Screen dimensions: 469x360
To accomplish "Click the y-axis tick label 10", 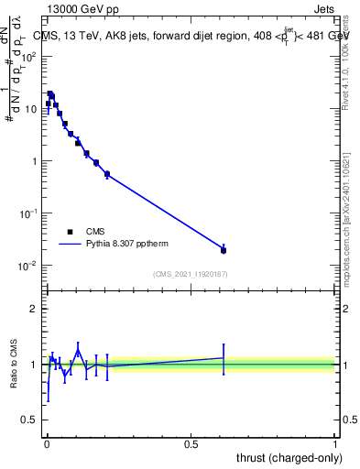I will pos(30,109).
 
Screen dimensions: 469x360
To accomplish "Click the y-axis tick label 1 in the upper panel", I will pos(36,161).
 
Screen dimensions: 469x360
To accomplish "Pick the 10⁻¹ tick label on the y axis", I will pos(28,213).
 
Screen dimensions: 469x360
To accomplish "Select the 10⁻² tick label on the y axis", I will pos(28,266).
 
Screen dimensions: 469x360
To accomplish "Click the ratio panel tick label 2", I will pos(35,309).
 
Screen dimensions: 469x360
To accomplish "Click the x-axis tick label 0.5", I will pos(191,443).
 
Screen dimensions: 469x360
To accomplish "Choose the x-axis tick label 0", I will pos(47,443).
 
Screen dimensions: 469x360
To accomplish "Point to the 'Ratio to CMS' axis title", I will pos(14,365).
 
